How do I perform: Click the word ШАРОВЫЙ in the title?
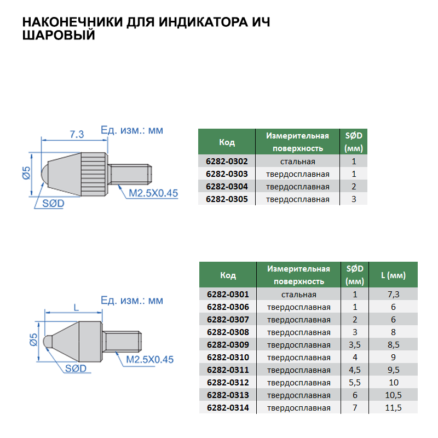[59, 36]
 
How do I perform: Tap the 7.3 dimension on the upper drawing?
[77, 134]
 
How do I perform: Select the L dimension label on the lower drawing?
[74, 307]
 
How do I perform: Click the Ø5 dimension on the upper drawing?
[26, 175]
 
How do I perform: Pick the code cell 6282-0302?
[227, 162]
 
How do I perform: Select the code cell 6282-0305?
[227, 199]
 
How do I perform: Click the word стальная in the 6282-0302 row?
[297, 162]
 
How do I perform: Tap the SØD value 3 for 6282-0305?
[354, 199]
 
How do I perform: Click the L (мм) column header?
[393, 275]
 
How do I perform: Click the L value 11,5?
[393, 408]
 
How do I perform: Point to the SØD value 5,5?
[355, 383]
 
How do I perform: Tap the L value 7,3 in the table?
[393, 295]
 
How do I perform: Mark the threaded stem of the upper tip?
[131, 174]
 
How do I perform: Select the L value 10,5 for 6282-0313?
[393, 395]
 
